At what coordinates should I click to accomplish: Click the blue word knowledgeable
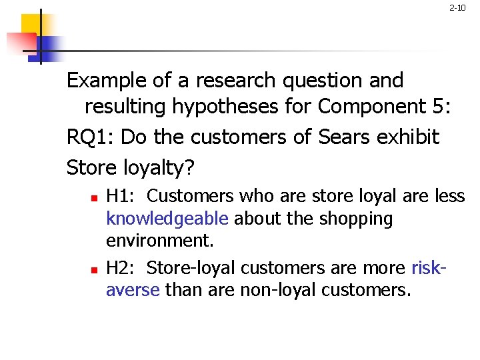[167, 219]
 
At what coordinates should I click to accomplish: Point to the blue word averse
[133, 291]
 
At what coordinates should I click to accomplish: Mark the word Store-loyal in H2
[191, 268]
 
